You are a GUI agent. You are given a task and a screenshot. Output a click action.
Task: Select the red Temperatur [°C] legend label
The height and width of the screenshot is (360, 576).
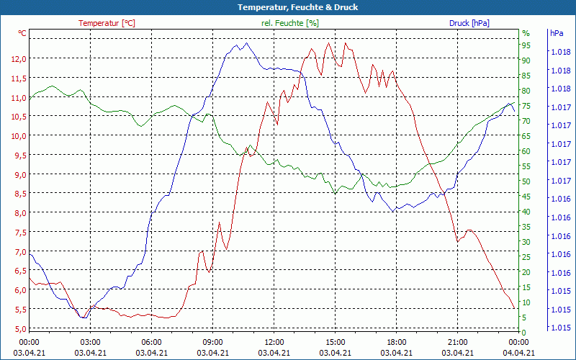tap(107, 23)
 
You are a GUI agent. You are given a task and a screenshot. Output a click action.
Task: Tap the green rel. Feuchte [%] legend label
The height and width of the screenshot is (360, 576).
tap(289, 23)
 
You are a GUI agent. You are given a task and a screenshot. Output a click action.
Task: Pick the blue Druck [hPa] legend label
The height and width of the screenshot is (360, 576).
tap(469, 23)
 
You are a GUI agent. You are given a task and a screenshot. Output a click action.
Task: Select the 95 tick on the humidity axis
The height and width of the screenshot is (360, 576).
tap(526, 45)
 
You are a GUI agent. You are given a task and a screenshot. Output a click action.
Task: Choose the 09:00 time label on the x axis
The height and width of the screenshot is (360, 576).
tap(212, 342)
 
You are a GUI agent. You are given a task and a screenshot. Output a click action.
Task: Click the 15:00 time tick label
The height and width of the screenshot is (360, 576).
tap(335, 342)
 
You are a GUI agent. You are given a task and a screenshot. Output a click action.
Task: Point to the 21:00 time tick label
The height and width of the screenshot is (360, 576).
tap(457, 342)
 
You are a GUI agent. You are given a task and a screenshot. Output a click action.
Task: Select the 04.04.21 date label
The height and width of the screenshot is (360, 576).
tap(518, 353)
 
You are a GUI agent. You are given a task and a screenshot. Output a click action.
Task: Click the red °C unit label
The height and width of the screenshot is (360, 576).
tap(22, 33)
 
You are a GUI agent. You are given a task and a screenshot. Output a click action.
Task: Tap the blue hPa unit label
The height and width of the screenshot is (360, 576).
tap(556, 33)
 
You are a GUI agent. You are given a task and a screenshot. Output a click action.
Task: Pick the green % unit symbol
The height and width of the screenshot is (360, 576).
tap(526, 33)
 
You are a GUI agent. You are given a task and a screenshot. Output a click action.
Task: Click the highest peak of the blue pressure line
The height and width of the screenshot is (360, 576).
tap(246, 43)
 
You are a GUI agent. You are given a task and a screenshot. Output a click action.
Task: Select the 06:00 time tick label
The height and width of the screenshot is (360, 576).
tap(151, 342)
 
